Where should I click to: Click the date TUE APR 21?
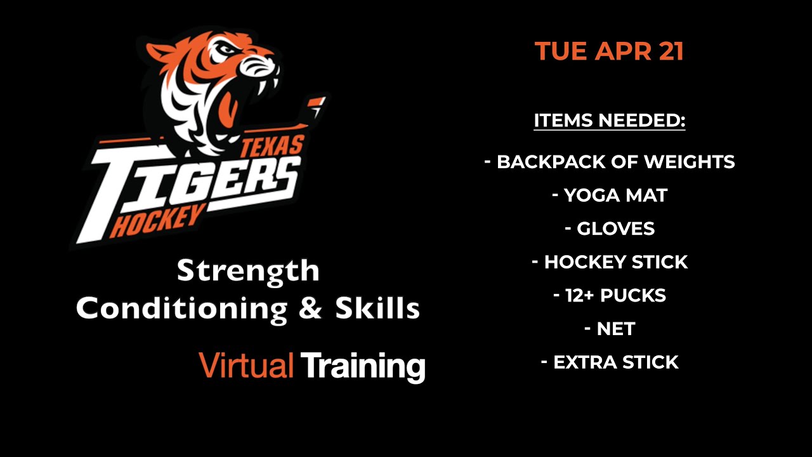[x=610, y=51]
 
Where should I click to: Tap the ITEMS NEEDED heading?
[x=610, y=121]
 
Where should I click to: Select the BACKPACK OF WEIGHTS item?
[x=610, y=162]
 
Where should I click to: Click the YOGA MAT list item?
[x=610, y=195]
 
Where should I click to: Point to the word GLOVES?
[x=615, y=228]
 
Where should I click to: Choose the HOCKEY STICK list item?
[x=610, y=262]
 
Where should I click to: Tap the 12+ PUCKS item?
[x=610, y=295]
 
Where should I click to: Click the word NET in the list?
[x=615, y=329]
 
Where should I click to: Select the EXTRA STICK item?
[x=610, y=362]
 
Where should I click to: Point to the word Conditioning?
[x=181, y=309]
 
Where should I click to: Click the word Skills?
[x=377, y=308]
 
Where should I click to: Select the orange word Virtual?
[x=246, y=365]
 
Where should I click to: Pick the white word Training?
[x=363, y=368]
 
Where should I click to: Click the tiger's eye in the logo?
[x=228, y=49]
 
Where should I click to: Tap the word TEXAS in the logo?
[x=272, y=146]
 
